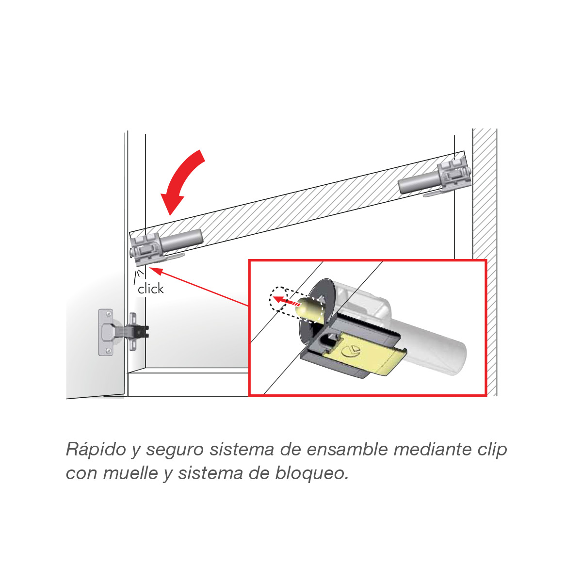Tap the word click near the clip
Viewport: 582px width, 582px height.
(x=151, y=289)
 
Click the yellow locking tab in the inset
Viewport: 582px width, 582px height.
(x=371, y=356)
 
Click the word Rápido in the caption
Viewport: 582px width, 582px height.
(x=96, y=450)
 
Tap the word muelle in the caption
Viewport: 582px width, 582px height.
(x=130, y=473)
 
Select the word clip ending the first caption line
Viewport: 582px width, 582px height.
(x=492, y=450)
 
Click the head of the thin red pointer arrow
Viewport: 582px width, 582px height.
(x=155, y=270)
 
